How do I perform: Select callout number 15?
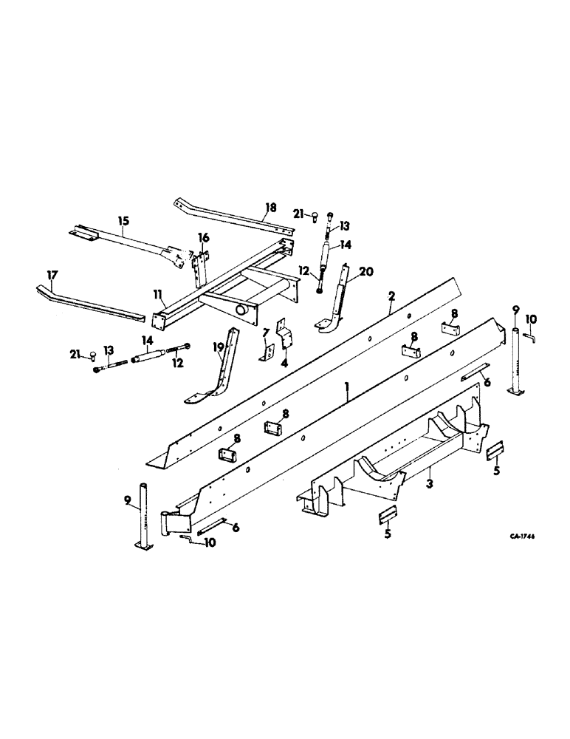point(123,220)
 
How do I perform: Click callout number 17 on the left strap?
point(50,274)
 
